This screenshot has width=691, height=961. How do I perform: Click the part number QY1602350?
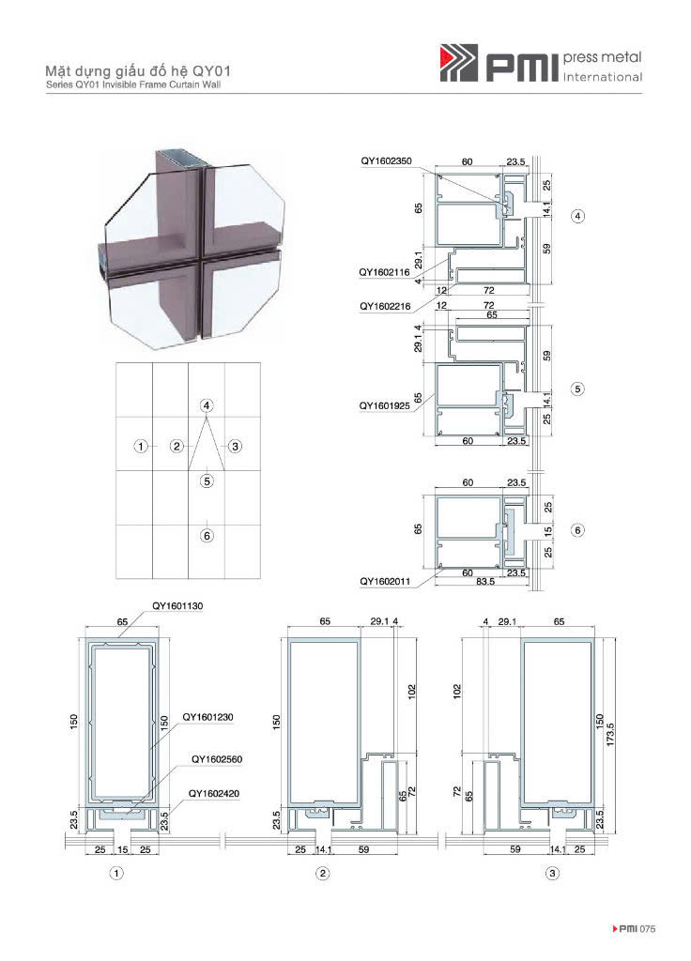386,161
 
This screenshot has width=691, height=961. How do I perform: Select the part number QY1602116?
384,272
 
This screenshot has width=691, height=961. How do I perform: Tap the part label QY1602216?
385,306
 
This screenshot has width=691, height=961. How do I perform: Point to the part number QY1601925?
384,405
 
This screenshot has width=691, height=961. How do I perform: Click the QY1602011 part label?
385,581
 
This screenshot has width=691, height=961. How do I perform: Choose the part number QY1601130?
177,605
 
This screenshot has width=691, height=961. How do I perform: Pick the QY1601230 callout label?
207,716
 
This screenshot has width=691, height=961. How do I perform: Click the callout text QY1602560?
217,758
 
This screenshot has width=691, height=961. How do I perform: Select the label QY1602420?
214,793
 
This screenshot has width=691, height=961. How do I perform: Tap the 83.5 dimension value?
485,581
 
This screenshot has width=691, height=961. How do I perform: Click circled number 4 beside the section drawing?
577,216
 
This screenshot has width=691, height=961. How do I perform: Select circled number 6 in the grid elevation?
207,536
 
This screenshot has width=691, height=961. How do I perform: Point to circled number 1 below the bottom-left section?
115,873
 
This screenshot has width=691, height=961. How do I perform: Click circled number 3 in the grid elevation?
236,446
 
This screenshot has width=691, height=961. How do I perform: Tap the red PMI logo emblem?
458,63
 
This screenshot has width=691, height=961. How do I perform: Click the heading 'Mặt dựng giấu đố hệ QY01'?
138,71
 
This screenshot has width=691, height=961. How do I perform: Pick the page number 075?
647,928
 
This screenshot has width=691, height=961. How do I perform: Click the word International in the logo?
602,77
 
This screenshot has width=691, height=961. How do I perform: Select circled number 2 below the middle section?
323,873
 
